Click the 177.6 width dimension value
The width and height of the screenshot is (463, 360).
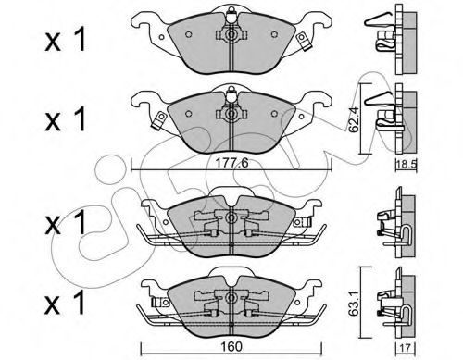tap(231, 163)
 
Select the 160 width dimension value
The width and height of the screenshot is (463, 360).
tap(231, 347)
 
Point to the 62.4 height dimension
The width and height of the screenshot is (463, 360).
tap(354, 119)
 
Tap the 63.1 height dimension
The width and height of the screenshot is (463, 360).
tap(354, 303)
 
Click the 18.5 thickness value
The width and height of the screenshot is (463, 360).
tap(407, 164)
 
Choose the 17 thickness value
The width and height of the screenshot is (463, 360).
tap(406, 348)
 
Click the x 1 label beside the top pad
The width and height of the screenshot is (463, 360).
tap(65, 41)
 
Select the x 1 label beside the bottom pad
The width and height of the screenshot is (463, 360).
tap(65, 304)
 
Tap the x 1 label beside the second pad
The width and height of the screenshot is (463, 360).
tap(65, 119)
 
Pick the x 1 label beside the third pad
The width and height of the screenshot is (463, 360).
tap(65, 222)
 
